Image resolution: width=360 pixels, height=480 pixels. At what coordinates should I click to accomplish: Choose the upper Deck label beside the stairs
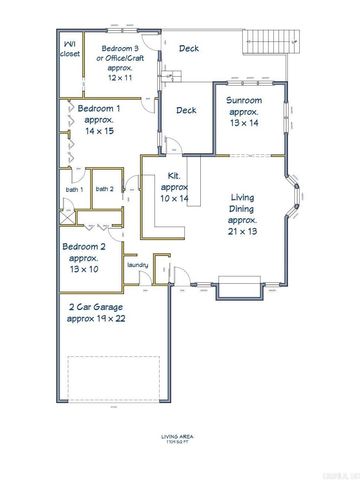[x=188, y=47]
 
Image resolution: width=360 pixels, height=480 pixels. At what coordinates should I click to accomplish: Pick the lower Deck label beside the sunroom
[x=186, y=111]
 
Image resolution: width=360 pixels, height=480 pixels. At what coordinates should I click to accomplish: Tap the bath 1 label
[x=74, y=189]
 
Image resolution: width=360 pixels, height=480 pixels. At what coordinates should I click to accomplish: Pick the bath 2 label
[x=104, y=189]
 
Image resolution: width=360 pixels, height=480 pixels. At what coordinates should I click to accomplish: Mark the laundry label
[x=138, y=265]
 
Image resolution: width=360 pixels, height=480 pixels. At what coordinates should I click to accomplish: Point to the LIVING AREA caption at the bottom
[x=180, y=436]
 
